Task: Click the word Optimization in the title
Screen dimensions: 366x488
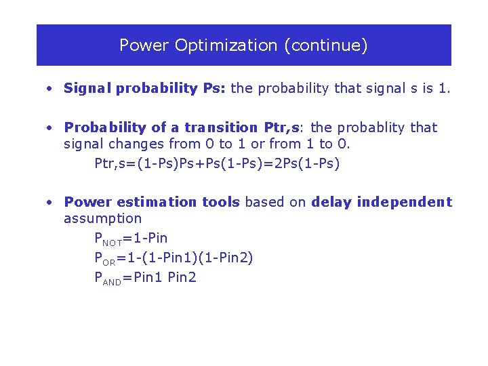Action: click(x=226, y=45)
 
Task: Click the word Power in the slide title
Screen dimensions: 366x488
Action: click(x=144, y=45)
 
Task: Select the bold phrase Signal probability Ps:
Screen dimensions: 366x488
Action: click(x=146, y=88)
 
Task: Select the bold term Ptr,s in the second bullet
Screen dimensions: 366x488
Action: click(x=283, y=127)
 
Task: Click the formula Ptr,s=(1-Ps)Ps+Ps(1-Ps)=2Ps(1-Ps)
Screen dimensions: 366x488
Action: click(x=217, y=163)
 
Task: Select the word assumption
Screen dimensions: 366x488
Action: click(x=102, y=218)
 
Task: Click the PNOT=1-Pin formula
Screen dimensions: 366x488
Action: click(x=131, y=239)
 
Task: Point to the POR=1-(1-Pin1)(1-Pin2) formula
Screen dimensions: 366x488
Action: click(x=174, y=258)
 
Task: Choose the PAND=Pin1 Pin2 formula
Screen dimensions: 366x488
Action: click(x=145, y=277)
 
